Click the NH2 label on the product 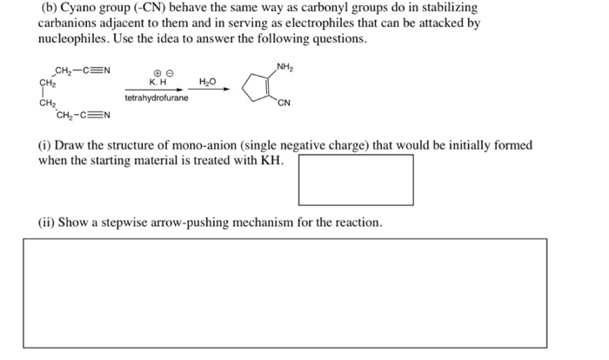pyautogui.click(x=284, y=67)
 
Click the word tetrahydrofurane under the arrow pyautogui.click(x=157, y=98)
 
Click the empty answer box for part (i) pyautogui.click(x=356, y=179)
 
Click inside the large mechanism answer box pyautogui.click(x=284, y=293)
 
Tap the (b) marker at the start pyautogui.click(x=50, y=6)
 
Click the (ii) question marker pyautogui.click(x=50, y=223)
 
